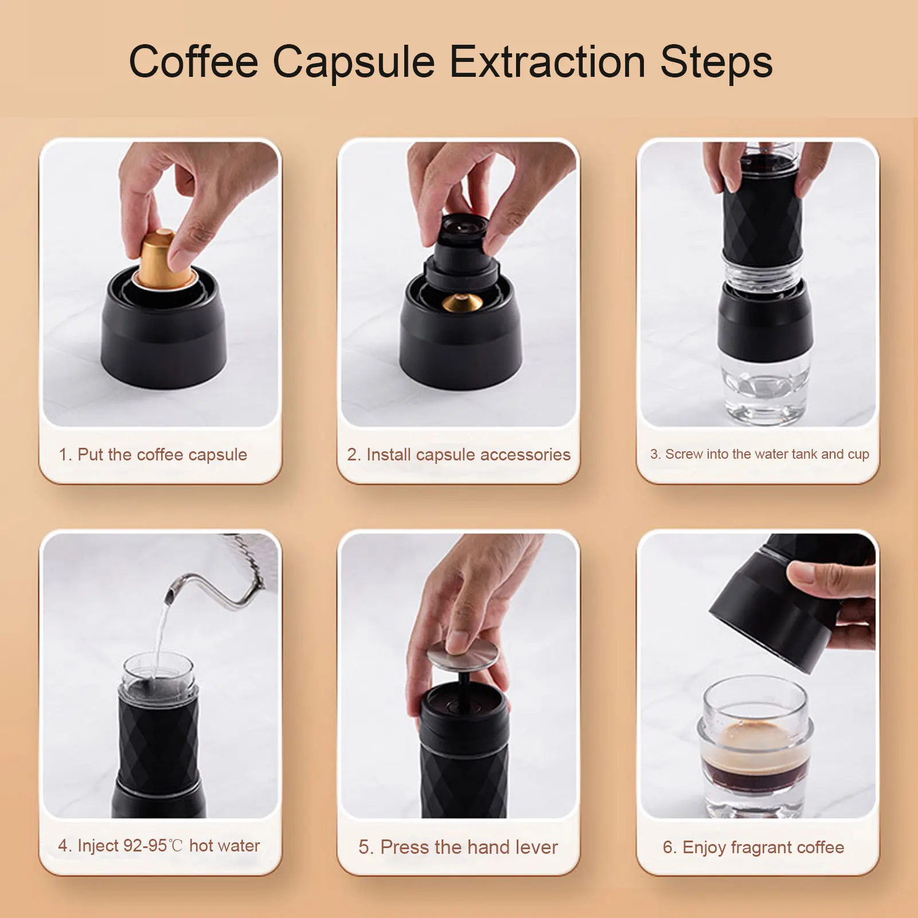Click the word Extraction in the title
click(547, 61)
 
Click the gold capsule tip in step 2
click(462, 303)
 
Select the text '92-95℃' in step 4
click(153, 846)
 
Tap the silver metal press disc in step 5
click(463, 655)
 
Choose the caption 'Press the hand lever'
click(458, 847)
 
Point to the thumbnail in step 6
click(758, 675)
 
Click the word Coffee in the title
click(194, 61)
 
